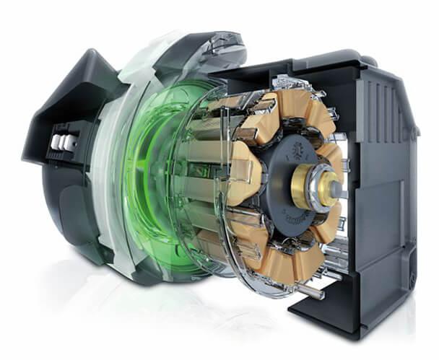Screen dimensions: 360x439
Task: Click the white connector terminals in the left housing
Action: tap(63, 143)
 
